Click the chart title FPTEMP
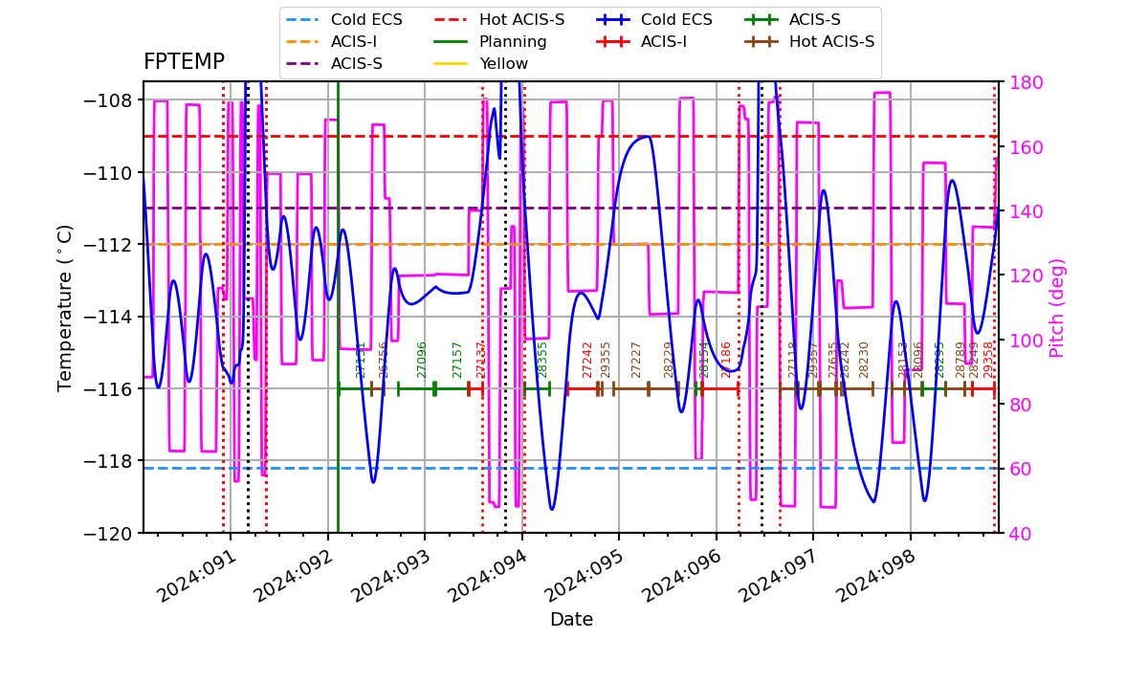[184, 62]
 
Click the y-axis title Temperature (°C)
[65, 307]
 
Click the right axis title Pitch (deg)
[1057, 307]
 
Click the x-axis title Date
[571, 620]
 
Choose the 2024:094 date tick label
[484, 576]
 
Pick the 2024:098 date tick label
[872, 576]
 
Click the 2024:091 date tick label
[193, 576]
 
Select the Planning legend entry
[513, 42]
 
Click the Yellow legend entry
[503, 64]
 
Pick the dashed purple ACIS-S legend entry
[357, 64]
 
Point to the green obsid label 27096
[422, 359]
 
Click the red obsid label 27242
[587, 359]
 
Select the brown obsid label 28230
[864, 359]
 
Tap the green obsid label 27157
[457, 359]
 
